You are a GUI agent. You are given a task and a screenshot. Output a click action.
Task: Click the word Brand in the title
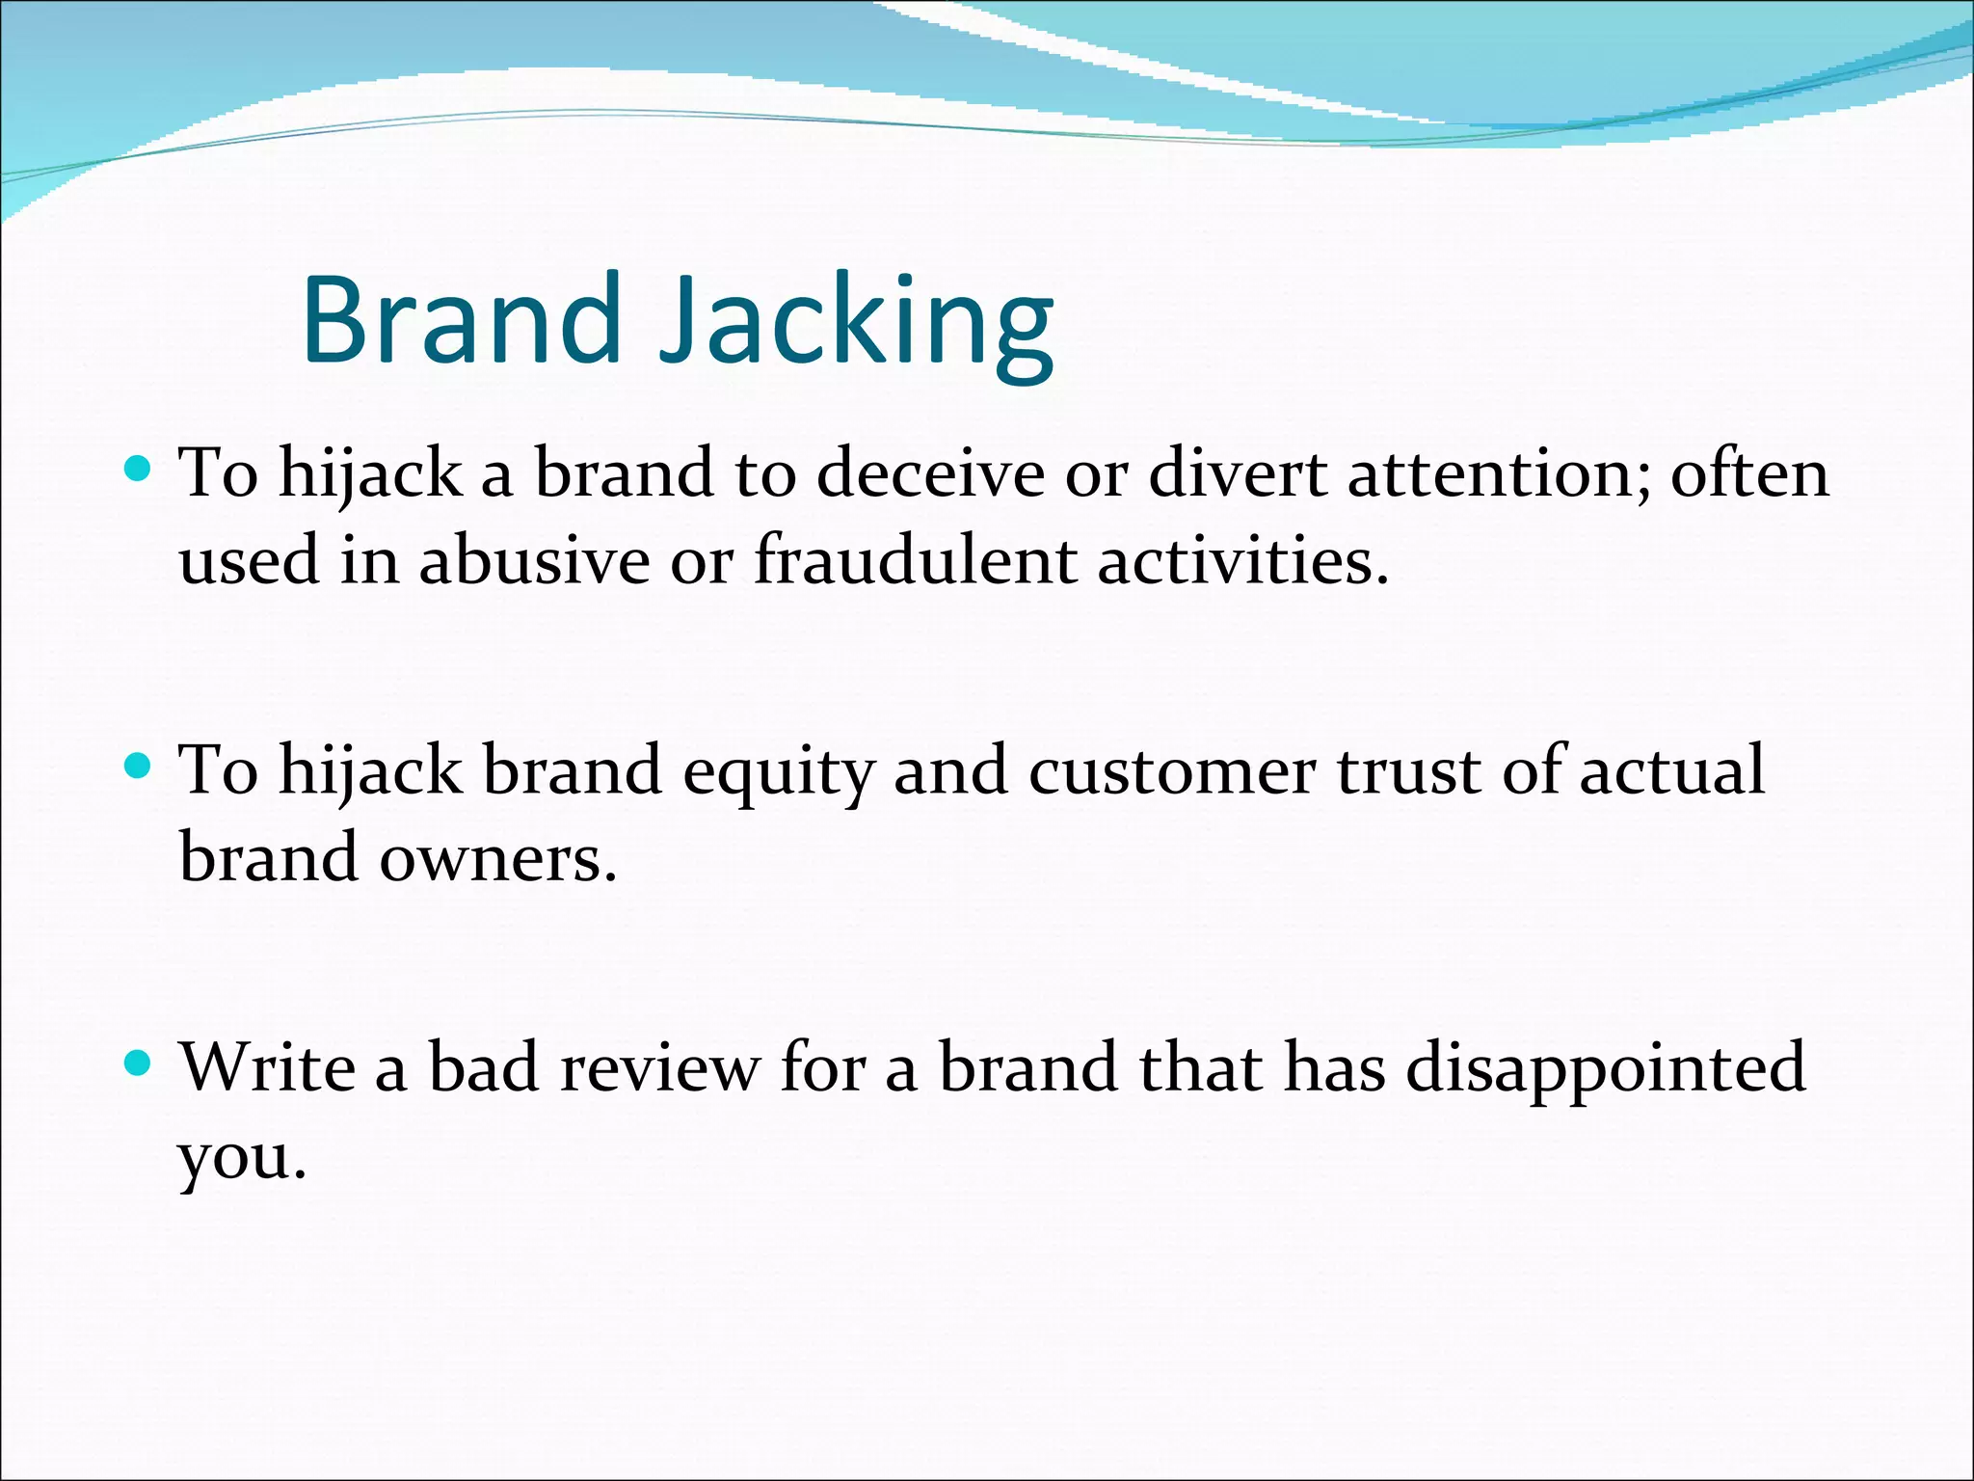[x=461, y=320]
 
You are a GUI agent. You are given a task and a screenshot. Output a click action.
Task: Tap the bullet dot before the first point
[x=140, y=470]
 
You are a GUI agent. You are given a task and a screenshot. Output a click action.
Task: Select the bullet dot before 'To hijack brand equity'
[x=140, y=767]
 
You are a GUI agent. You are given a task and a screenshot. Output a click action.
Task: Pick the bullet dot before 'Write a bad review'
[x=140, y=1064]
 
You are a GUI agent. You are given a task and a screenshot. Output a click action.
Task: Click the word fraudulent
[x=914, y=561]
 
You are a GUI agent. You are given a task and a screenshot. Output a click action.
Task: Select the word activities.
[x=1243, y=561]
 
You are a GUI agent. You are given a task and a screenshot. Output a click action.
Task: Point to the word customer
[x=1171, y=771]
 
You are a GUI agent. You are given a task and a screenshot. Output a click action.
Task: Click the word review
[x=659, y=1068]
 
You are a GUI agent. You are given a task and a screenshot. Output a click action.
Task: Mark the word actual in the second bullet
[x=1672, y=771]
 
